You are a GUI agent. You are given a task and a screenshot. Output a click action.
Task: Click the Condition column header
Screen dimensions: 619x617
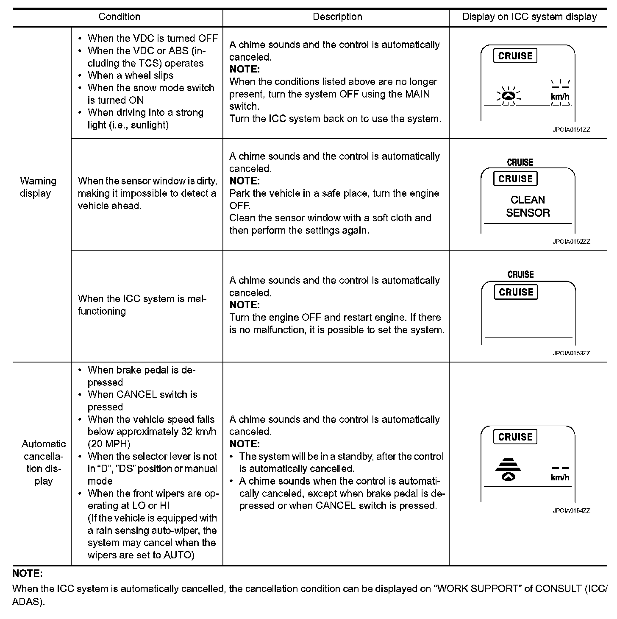pos(119,17)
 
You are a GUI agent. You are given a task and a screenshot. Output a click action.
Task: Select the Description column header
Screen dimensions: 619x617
pos(337,17)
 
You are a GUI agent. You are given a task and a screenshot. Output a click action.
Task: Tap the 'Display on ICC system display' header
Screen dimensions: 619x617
pos(529,17)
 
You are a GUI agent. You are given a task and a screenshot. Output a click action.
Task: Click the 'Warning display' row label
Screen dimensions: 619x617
pos(38,187)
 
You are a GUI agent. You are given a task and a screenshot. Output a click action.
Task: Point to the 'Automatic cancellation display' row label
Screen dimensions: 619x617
pos(44,462)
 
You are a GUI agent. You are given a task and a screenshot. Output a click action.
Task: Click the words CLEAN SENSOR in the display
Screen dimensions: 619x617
pos(528,206)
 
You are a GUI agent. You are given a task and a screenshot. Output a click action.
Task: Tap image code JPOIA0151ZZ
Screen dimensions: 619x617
pos(571,130)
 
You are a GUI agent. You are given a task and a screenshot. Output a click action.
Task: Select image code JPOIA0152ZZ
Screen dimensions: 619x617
pos(571,242)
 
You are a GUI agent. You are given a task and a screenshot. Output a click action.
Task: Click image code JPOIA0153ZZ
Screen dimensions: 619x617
pos(571,353)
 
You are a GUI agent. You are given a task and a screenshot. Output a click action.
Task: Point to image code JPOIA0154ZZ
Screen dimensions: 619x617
pos(571,511)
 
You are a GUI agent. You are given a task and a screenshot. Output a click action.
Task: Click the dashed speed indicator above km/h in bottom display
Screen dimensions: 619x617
pos(560,468)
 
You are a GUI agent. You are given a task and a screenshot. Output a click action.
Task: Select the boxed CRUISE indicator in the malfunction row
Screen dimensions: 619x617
pos(516,292)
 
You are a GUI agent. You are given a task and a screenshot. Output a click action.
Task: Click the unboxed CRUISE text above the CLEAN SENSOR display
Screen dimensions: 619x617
pos(520,162)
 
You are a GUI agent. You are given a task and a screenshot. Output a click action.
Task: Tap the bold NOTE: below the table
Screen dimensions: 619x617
pos(28,574)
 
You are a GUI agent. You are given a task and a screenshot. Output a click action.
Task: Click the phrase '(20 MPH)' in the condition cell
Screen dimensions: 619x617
pos(109,444)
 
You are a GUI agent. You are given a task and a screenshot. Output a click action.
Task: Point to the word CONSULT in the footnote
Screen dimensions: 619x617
pos(558,588)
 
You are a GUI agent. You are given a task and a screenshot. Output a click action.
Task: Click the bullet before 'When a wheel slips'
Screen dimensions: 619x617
pos(80,75)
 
